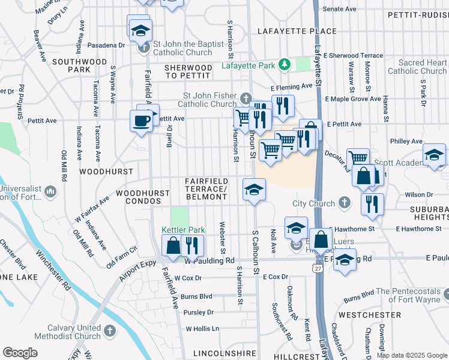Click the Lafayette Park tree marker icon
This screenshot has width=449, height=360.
click(286, 65)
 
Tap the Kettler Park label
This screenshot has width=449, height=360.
click(183, 230)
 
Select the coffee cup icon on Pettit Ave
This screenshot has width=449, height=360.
click(141, 121)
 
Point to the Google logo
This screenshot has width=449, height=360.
click(20, 353)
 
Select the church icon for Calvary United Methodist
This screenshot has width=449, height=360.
click(110, 331)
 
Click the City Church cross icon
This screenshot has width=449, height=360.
click(345, 203)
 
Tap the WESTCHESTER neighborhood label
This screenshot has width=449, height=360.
click(369, 314)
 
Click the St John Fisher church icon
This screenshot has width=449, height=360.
click(245, 98)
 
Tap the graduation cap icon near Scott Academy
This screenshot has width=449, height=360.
click(434, 155)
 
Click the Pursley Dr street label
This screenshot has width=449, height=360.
click(198, 312)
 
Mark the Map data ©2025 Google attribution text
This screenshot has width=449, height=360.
click(411, 355)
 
